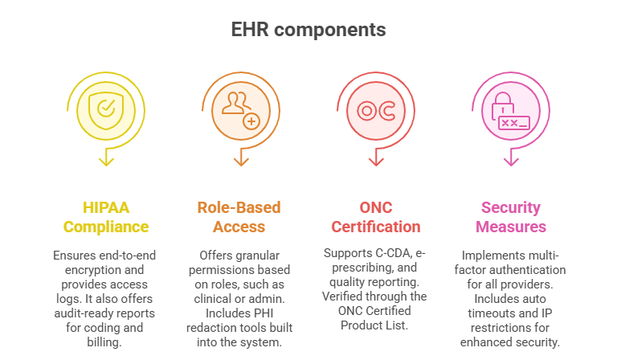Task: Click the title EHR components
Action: tap(308, 30)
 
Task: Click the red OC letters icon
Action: tap(376, 109)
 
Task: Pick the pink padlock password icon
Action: tap(510, 111)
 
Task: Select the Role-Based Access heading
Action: tap(240, 217)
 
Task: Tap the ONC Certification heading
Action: tap(376, 217)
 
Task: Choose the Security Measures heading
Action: tap(511, 217)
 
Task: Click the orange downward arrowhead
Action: tap(240, 162)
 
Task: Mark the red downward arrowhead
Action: tap(376, 162)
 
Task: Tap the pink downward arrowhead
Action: tap(511, 162)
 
